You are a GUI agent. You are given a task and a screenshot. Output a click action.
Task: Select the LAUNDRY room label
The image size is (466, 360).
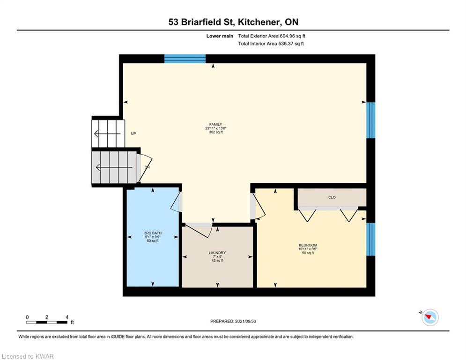217,253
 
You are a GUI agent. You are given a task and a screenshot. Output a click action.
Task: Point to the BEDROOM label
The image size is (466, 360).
308,245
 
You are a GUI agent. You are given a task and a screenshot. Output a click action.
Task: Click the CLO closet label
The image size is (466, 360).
332,197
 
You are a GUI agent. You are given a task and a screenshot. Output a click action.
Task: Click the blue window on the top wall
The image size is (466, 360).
185,59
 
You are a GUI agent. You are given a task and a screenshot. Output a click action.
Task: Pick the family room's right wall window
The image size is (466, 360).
370,120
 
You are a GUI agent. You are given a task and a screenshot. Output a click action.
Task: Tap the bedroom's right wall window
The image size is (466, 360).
370,239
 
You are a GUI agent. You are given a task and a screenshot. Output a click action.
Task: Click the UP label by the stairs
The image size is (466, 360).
133,134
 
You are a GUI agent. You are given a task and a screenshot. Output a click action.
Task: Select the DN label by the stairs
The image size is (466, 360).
147,167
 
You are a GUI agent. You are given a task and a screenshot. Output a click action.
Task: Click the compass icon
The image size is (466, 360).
429,317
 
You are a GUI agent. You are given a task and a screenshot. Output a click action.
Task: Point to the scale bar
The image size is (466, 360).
47,322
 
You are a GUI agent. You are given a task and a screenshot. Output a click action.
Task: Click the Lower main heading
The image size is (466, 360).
220,36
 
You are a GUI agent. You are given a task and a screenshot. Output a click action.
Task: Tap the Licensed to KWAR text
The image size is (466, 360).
28,357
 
